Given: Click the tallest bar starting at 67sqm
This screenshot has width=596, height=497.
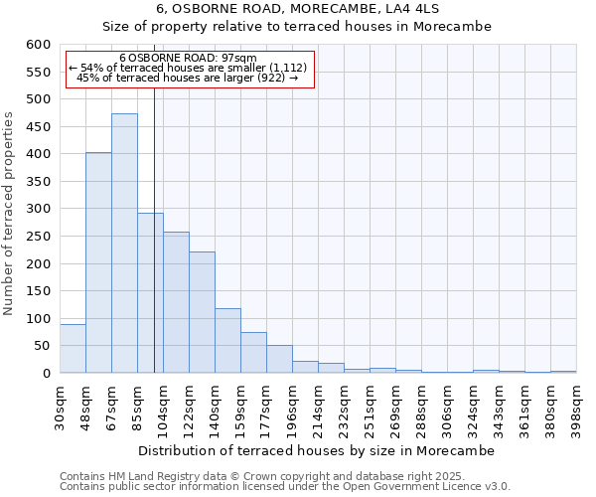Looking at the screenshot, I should [x=124, y=244].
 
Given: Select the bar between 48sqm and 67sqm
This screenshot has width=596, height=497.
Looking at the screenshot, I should [x=98, y=263].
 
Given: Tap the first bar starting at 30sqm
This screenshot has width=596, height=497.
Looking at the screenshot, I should [x=73, y=349].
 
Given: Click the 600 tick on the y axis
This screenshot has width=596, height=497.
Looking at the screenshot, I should [x=38, y=45].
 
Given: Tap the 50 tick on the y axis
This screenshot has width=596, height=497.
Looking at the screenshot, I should [x=42, y=346].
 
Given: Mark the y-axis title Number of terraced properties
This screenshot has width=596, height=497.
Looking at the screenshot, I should [x=10, y=214].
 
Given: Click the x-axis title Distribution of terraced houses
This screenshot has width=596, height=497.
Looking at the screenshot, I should [x=316, y=450].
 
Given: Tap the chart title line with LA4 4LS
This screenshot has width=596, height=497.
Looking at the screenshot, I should [x=297, y=8].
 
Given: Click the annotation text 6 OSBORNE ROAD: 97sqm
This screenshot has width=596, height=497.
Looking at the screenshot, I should [x=188, y=58].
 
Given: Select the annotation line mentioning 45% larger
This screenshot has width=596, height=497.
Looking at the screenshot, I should [x=188, y=78].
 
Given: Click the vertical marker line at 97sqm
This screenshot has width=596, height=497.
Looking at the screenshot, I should [x=154, y=248].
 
